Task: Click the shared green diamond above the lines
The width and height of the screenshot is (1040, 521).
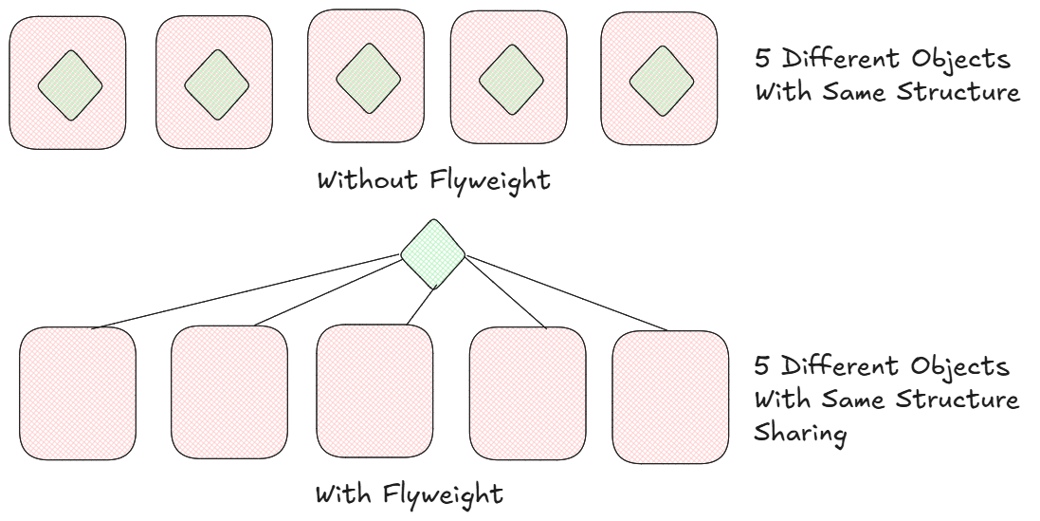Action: click(433, 251)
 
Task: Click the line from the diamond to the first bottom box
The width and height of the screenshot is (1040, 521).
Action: click(246, 291)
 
